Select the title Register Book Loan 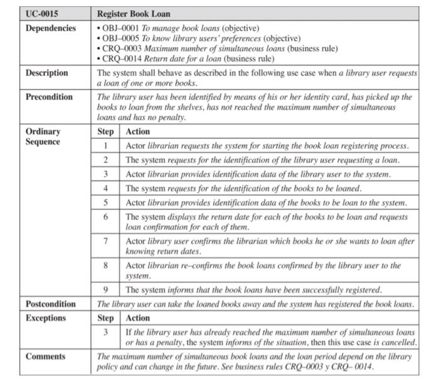[x=134, y=14]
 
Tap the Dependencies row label [x=50, y=28]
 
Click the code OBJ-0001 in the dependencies [x=121, y=28]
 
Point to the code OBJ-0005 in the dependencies [x=121, y=38]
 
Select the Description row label [x=47, y=73]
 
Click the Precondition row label [x=49, y=97]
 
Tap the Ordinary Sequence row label [x=43, y=136]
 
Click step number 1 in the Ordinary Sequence [x=106, y=146]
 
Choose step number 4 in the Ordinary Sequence [x=106, y=188]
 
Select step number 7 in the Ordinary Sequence [x=106, y=241]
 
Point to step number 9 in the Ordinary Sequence [x=106, y=290]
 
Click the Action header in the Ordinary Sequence [x=138, y=131]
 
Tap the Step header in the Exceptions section [x=106, y=318]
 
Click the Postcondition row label [x=51, y=304]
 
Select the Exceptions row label [x=46, y=318]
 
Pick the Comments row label [x=45, y=356]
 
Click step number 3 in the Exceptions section [x=106, y=332]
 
